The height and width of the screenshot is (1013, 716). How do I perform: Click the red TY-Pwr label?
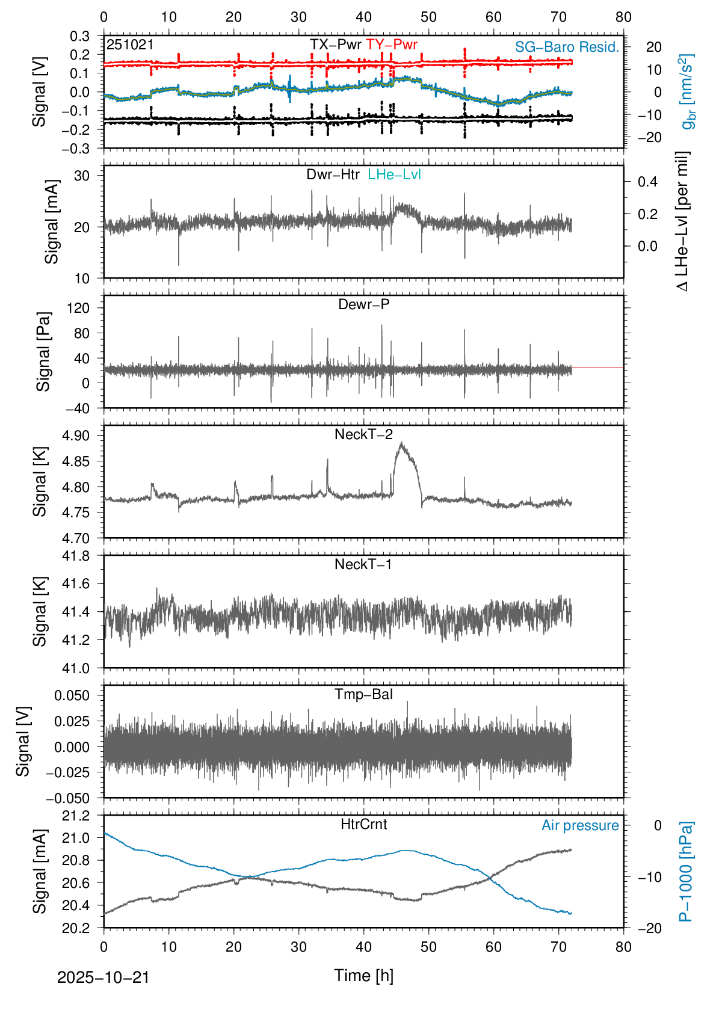pos(391,45)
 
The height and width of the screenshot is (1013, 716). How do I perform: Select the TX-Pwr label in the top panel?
pos(335,45)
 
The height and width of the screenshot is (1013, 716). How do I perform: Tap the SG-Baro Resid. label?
pos(567,48)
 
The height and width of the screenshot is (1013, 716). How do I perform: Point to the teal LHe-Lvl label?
pos(394,174)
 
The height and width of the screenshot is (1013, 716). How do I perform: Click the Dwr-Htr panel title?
pos(333,174)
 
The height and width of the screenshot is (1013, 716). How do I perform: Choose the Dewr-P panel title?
pos(363,304)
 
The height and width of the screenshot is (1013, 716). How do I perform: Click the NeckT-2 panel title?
pos(363,434)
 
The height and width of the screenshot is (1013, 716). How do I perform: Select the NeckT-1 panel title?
pos(363,564)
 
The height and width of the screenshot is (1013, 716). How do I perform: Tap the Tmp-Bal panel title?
pos(363,694)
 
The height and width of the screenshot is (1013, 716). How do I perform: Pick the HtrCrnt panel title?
pos(363,824)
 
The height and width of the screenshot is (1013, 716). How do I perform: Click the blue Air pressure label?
pos(580,825)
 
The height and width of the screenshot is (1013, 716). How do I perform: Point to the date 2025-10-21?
pos(103,978)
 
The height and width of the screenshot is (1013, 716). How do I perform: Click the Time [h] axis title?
pos(363,976)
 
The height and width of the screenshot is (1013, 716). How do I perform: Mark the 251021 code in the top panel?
pos(130,45)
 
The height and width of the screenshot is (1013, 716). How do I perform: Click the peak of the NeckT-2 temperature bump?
pos(401,444)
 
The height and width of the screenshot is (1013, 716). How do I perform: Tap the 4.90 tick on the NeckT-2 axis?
pos(76,436)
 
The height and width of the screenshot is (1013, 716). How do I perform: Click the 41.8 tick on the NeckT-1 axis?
pos(76,556)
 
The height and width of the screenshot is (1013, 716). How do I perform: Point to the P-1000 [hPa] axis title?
pos(686,871)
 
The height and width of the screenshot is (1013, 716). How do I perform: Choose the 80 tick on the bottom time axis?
pos(623,947)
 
